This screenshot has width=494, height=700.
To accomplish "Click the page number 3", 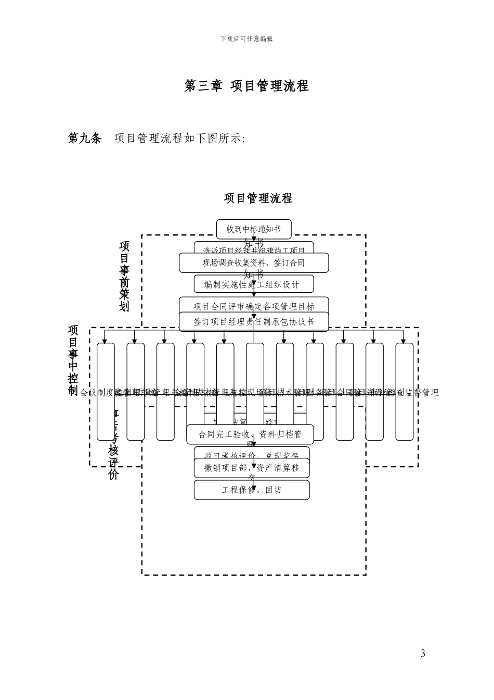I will click(423, 654).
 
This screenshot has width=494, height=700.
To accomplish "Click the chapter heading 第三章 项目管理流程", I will click(246, 86).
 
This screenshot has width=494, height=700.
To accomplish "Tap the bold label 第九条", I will click(85, 138).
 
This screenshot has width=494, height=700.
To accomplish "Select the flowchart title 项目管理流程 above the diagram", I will click(258, 198).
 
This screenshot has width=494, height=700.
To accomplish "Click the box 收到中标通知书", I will click(254, 229).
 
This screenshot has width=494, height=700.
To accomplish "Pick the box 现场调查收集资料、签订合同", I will click(254, 263).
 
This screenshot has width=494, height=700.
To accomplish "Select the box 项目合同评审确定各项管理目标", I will click(254, 306).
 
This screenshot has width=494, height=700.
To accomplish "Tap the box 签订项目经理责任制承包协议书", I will click(254, 322).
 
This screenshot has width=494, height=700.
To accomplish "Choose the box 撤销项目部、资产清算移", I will click(252, 468).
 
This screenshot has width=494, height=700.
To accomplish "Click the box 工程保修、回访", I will click(252, 490).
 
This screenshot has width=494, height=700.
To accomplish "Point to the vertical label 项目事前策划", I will click(124, 276).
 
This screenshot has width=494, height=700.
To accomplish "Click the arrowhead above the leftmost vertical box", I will click(106, 341).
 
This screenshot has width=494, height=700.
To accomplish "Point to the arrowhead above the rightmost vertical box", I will click(405, 341).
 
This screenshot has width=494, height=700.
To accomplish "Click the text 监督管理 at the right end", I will click(422, 393).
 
